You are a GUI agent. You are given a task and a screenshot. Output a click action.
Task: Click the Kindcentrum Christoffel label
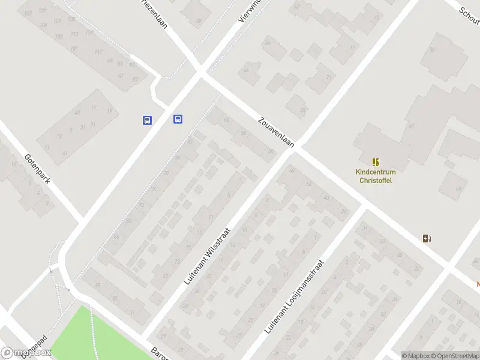[x=375, y=176]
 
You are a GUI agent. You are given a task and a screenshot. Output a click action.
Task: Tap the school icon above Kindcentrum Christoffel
[x=376, y=162]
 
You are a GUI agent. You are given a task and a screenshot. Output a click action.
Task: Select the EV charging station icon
[x=427, y=238]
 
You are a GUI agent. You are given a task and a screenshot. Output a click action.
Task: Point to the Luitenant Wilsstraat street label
[x=208, y=255]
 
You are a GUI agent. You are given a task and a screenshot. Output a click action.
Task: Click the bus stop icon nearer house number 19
[x=147, y=120]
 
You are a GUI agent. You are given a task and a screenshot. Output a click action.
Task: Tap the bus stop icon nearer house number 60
[x=178, y=119]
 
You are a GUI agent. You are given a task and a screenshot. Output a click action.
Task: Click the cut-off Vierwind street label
[x=247, y=12]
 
